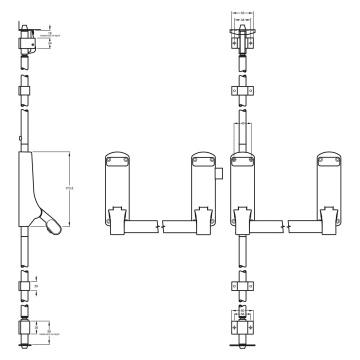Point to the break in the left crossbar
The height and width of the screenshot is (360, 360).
pyautogui.click(x=160, y=226)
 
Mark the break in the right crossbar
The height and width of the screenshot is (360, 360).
pyautogui.click(x=286, y=226)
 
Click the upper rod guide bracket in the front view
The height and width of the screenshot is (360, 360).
pyautogui.click(x=240, y=89)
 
